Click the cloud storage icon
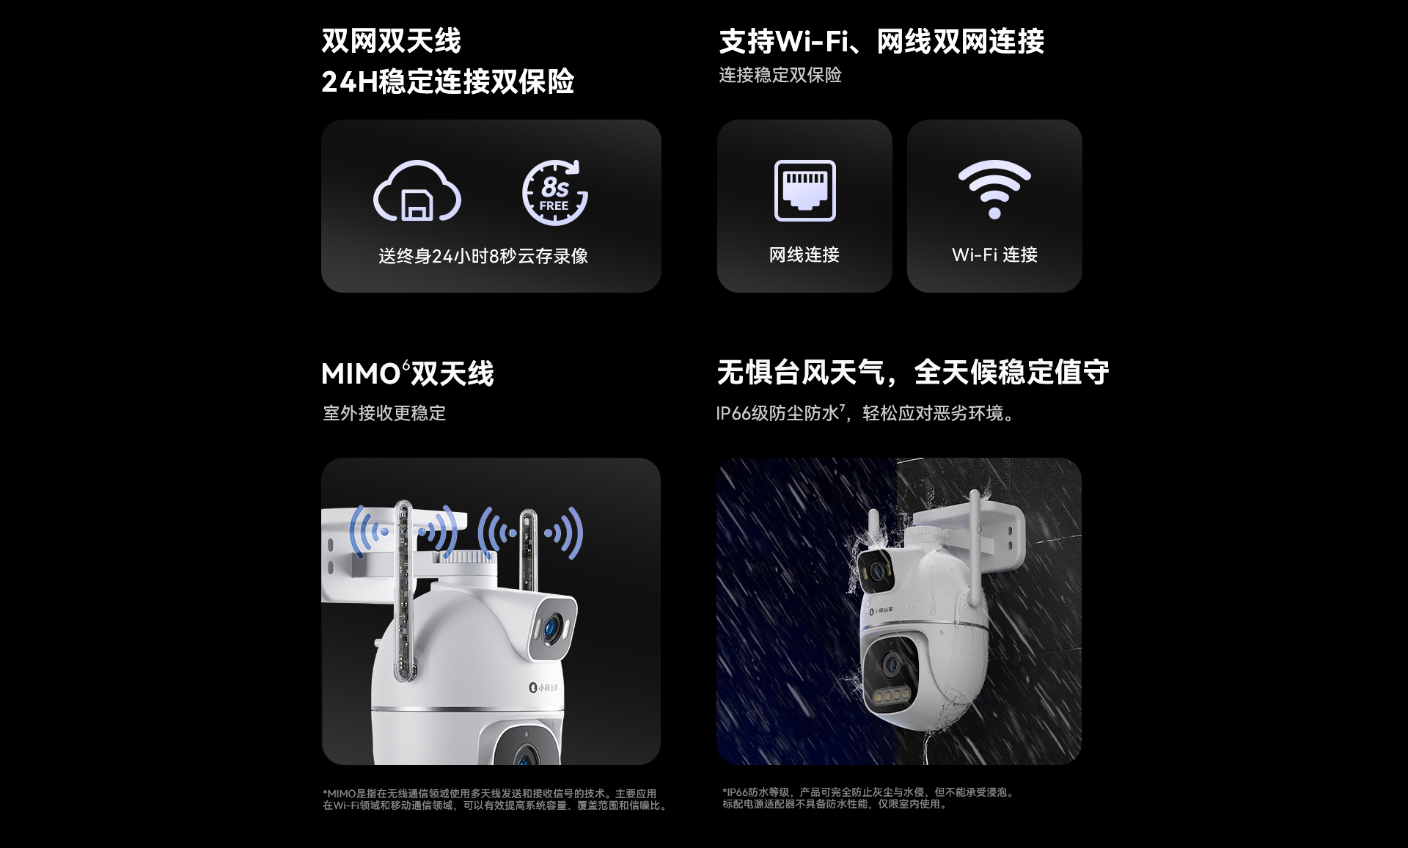[417, 192]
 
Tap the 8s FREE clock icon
[555, 192]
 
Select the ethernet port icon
[804, 190]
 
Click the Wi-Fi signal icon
[994, 189]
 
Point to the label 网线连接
[804, 255]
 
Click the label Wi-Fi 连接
[994, 255]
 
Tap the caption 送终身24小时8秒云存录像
[483, 256]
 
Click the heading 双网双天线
[392, 41]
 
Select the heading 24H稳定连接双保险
[447, 81]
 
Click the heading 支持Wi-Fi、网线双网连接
[881, 42]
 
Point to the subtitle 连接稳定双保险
[780, 75]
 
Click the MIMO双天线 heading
[408, 373]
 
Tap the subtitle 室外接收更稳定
[384, 413]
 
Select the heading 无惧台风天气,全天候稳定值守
[913, 373]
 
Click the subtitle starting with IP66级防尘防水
[866, 413]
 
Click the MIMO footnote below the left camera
[495, 800]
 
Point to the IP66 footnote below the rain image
[868, 798]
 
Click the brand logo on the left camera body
[543, 687]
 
